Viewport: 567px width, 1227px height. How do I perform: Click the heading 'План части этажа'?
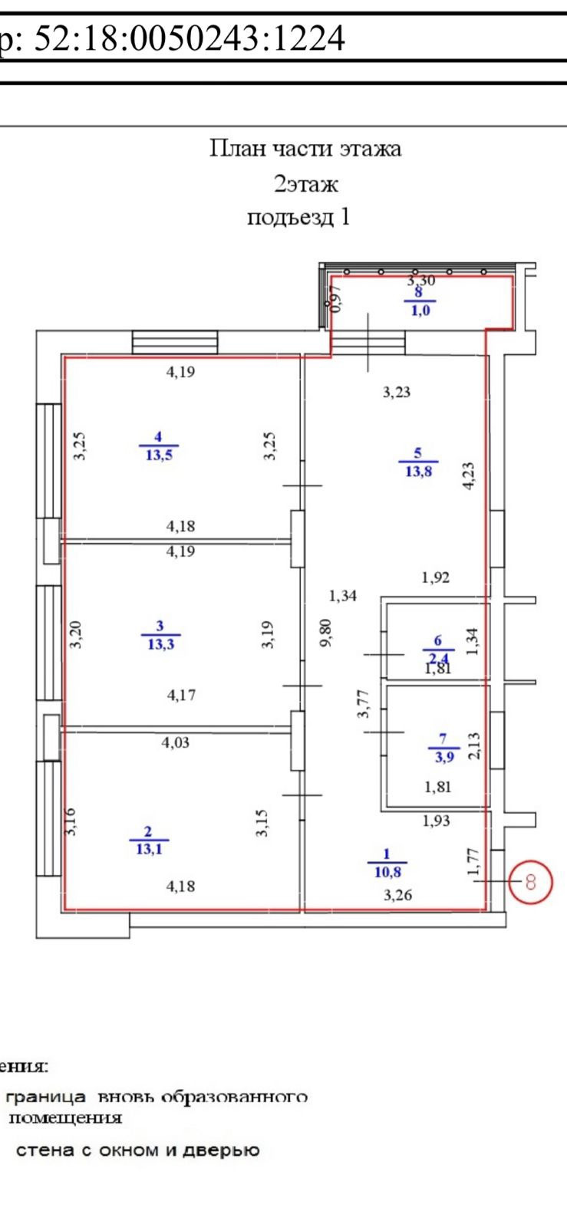(305, 148)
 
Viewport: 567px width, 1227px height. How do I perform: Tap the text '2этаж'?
(306, 184)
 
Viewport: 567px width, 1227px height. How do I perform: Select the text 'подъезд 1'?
(298, 218)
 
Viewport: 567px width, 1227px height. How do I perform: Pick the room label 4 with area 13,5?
(158, 446)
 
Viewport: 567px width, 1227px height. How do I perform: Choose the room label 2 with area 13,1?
(149, 840)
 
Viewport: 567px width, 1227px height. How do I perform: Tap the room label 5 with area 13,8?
(418, 462)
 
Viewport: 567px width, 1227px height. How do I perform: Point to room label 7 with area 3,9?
(443, 748)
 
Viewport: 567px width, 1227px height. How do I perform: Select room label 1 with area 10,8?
(387, 863)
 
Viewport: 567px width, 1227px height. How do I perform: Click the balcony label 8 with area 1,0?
(419, 301)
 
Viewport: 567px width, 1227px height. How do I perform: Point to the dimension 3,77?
(364, 704)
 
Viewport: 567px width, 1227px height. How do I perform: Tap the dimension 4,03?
(175, 742)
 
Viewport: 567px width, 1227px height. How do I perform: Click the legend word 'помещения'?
(65, 1117)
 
